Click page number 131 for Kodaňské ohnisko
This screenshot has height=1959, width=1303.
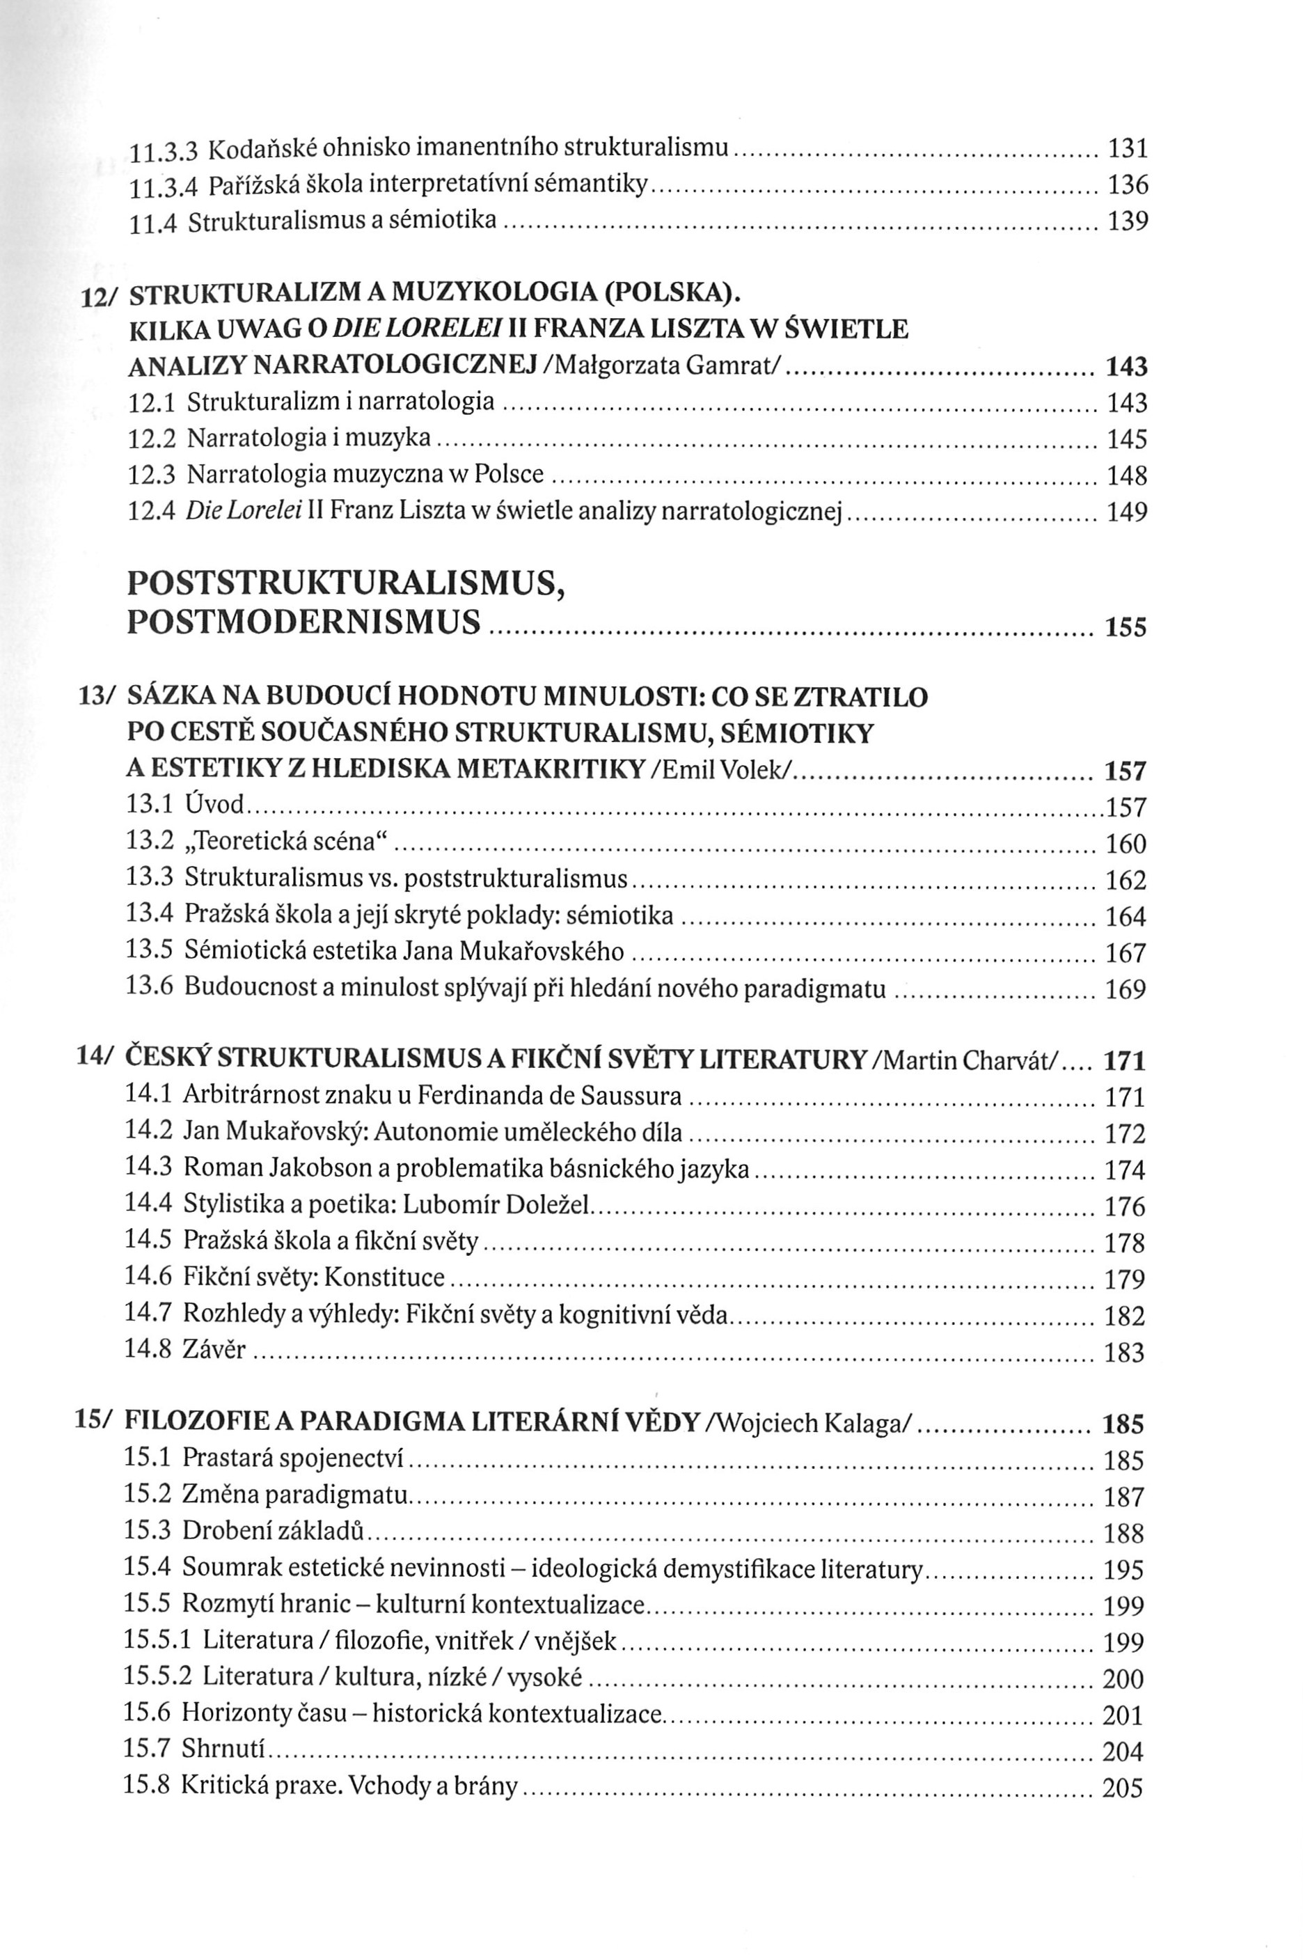coord(1128,149)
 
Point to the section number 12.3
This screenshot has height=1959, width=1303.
coord(151,475)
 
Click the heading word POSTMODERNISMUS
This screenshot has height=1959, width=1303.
coord(304,622)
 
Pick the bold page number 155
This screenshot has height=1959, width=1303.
coord(1126,627)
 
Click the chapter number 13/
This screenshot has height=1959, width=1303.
coord(95,696)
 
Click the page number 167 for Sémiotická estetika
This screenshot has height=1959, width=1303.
coord(1126,953)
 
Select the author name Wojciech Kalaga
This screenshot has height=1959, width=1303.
coord(811,1424)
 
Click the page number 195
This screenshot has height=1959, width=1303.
coord(1123,1570)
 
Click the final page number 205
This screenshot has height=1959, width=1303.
coord(1123,1787)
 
